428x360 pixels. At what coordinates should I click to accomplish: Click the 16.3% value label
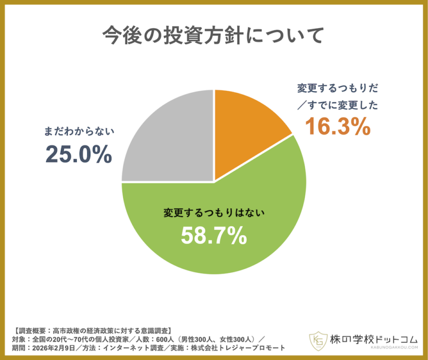[x=338, y=127]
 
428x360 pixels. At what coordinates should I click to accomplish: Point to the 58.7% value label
[x=213, y=235]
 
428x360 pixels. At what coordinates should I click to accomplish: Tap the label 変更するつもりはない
[x=213, y=213]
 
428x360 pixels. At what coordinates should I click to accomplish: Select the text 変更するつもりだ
[x=337, y=88]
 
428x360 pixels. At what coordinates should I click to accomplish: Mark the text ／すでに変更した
[x=337, y=105]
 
